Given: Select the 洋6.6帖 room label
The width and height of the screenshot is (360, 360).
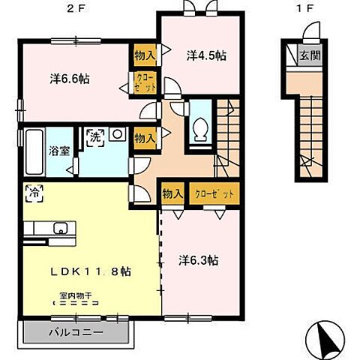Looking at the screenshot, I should click(x=70, y=78).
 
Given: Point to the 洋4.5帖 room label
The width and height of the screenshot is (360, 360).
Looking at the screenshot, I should click(x=206, y=55).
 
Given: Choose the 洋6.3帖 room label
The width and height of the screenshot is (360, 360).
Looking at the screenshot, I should click(x=199, y=261).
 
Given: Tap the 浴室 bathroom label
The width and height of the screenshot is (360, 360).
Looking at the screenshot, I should click(x=59, y=150).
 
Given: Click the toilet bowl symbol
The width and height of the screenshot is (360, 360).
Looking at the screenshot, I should click(x=200, y=128).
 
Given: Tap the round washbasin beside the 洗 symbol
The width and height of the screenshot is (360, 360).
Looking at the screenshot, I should click(x=116, y=135).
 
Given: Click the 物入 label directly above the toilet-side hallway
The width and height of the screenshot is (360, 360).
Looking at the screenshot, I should click(x=145, y=136).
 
